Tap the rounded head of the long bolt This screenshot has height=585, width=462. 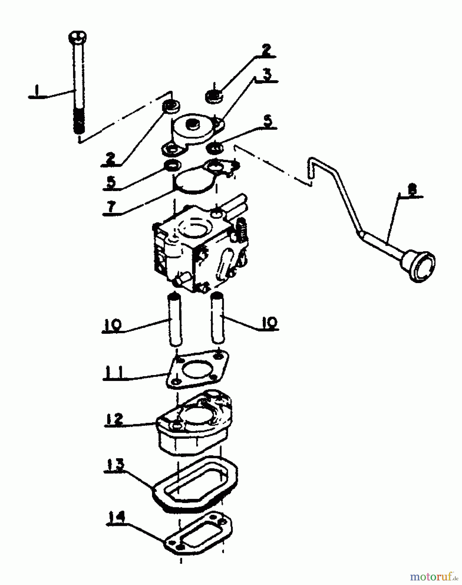tap(77, 36)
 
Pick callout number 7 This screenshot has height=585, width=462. tap(111, 207)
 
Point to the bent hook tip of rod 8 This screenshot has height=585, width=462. tap(311, 168)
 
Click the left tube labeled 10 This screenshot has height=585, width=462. tap(175, 318)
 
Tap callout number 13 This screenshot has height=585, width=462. tap(114, 465)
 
